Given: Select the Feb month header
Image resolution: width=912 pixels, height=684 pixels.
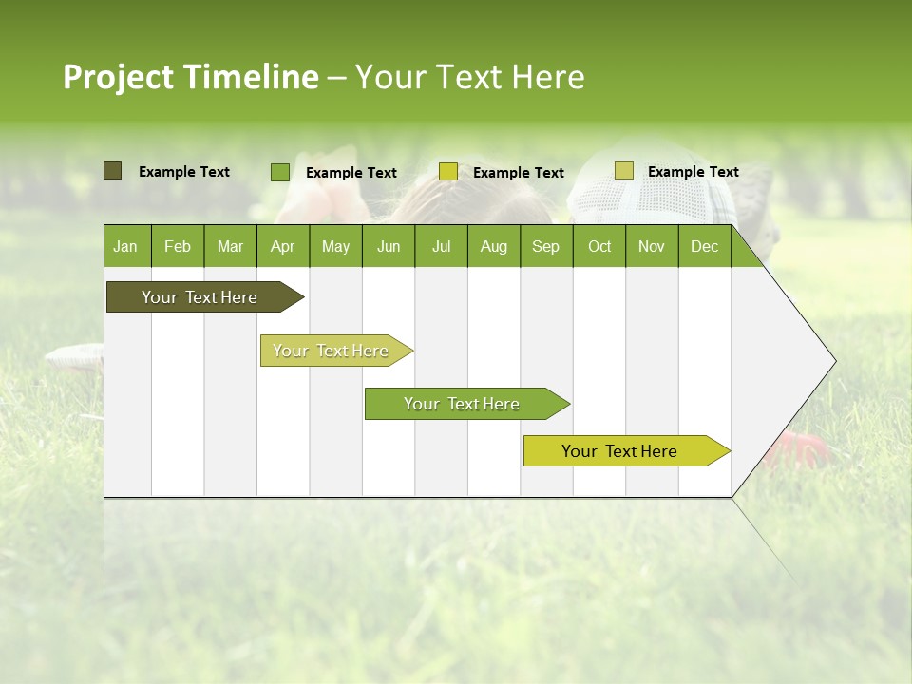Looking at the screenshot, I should point(178,247).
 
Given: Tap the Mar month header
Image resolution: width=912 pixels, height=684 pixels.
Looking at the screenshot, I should point(230,247).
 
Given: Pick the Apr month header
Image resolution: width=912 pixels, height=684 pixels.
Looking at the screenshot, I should point(283,247).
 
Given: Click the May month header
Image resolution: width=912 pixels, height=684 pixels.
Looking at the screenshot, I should point(335,247).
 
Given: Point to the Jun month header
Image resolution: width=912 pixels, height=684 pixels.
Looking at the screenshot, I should point(389,247).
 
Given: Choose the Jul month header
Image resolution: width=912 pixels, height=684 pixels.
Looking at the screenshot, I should point(441,247).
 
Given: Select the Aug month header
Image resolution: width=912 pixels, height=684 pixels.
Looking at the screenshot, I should point(494,247).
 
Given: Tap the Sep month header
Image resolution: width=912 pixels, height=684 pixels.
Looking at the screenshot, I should point(546,247).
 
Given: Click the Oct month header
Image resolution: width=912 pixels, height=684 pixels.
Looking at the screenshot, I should point(599,247).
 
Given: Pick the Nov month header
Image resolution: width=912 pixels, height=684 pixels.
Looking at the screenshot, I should point(652,247).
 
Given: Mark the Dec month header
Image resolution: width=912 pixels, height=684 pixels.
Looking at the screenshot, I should point(705,247).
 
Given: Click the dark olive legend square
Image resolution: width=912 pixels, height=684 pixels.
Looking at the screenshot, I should point(113,171).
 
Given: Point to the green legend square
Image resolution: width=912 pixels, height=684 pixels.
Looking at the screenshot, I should point(280,172).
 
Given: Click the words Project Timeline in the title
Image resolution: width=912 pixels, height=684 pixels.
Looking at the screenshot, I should point(191,77).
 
